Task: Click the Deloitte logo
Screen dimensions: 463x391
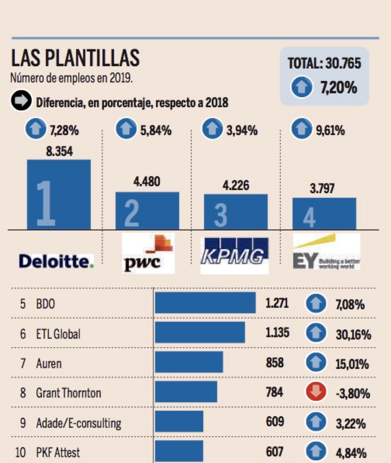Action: click(56, 261)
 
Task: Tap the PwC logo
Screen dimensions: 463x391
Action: click(148, 253)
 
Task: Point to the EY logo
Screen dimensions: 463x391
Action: click(326, 252)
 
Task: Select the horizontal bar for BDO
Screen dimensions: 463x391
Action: click(205, 303)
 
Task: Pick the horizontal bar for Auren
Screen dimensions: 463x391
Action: click(189, 362)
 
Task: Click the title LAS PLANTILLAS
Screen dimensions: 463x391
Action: click(74, 59)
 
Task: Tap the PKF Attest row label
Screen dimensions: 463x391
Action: click(58, 452)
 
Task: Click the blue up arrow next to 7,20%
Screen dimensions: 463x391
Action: click(301, 87)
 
